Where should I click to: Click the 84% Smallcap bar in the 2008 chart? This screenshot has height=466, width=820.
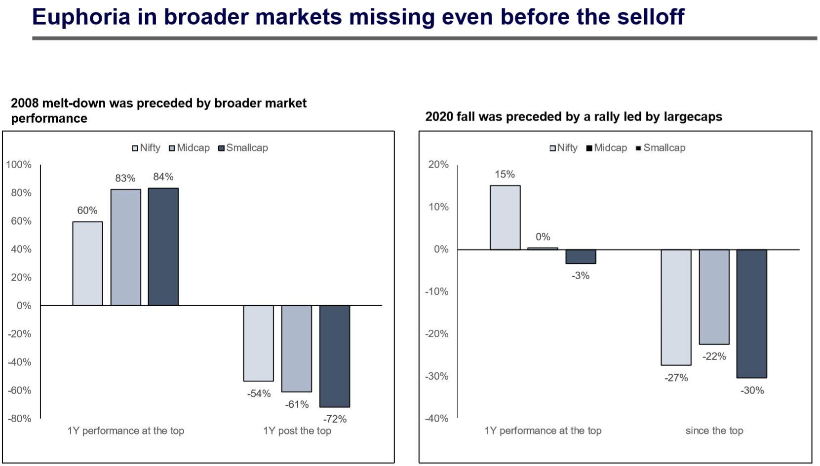click(x=163, y=247)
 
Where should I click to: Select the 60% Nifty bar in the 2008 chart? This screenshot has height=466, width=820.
click(x=87, y=263)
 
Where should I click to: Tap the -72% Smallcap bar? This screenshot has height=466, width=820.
click(x=334, y=356)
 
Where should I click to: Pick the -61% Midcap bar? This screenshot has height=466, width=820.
click(x=296, y=349)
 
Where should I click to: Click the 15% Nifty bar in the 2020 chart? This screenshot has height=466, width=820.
click(x=505, y=217)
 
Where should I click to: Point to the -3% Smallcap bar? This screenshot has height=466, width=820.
click(x=581, y=256)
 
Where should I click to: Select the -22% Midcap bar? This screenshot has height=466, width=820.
click(x=714, y=297)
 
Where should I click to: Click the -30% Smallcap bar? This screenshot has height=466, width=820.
click(x=751, y=314)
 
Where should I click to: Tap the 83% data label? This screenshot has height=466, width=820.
click(x=125, y=179)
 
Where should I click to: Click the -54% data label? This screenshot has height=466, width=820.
click(x=259, y=394)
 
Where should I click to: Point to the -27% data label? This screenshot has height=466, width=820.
click(x=676, y=378)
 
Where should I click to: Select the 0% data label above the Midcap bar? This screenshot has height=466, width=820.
click(x=543, y=237)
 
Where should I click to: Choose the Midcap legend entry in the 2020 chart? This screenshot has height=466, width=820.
click(x=607, y=148)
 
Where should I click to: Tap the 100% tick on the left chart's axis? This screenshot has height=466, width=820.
click(x=19, y=165)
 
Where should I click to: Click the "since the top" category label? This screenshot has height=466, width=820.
click(x=714, y=431)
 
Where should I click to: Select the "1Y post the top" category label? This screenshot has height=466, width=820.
click(x=297, y=431)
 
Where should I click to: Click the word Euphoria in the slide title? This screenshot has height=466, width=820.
click(x=81, y=17)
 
